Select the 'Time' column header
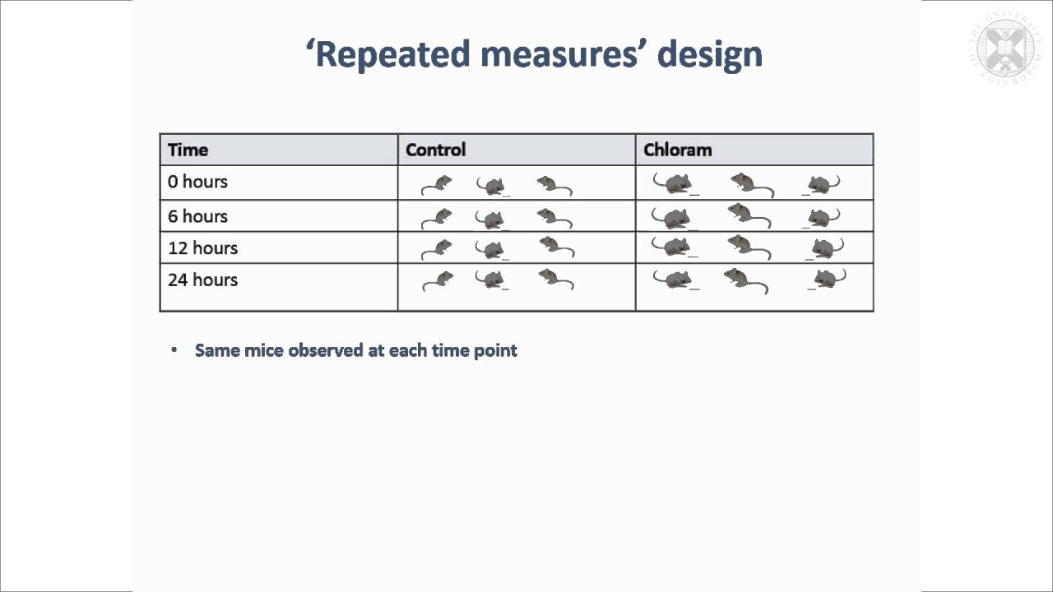188,150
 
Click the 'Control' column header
435,150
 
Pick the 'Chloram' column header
677,150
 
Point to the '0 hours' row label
197,182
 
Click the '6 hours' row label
197,216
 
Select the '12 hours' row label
202,247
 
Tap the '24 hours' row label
202,280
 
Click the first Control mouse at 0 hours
438,184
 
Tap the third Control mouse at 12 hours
555,247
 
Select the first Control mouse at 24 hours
438,280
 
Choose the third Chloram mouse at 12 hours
824,247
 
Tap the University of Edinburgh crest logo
1004,49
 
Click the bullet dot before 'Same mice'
174,350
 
